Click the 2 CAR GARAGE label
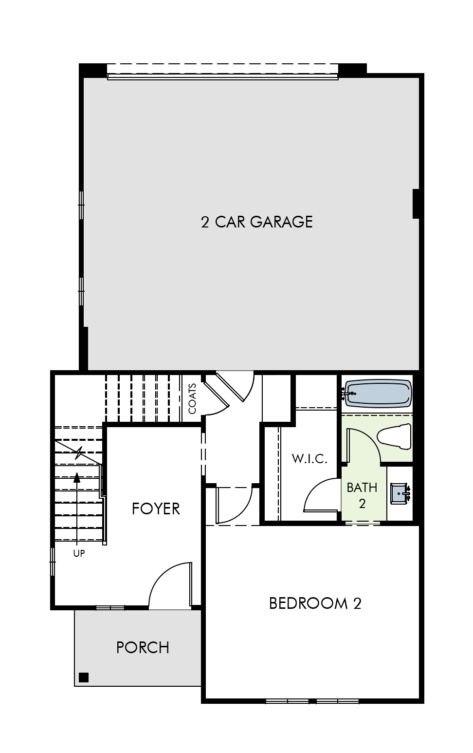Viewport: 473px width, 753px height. click(256, 222)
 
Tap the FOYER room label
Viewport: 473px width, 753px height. click(156, 508)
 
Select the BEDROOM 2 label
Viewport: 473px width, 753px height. click(315, 603)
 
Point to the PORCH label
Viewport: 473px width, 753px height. click(143, 647)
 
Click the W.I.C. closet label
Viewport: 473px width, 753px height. click(309, 458)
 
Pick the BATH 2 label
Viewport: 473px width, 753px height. click(362, 495)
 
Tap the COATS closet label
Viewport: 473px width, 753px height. click(193, 398)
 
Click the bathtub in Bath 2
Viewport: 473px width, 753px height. click(378, 393)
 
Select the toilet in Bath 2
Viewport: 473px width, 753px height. click(394, 436)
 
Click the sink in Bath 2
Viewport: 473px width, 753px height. click(400, 493)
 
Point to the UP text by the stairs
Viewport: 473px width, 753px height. click(79, 553)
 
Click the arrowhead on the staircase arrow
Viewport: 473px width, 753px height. click(77, 477)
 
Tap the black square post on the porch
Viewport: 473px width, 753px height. click(84, 677)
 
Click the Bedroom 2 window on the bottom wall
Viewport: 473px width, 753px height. click(312, 701)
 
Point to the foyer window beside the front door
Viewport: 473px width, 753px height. click(110, 608)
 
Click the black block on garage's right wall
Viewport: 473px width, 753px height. click(416, 204)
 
